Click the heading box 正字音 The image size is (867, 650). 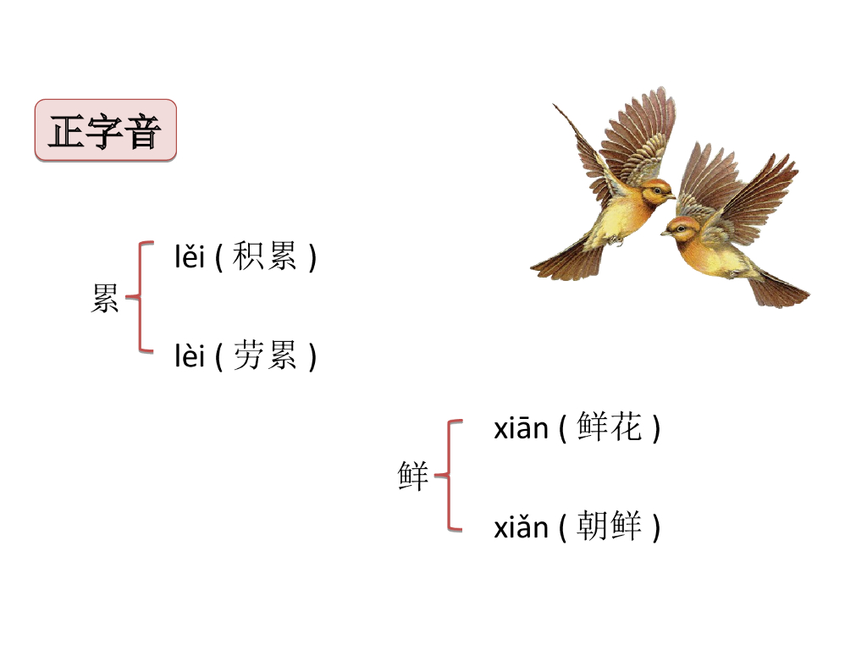106,130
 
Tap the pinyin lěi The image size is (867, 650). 190,257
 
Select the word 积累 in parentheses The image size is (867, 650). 265,257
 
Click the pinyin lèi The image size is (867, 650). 190,357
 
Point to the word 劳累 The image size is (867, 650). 265,357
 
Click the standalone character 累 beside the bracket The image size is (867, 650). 105,299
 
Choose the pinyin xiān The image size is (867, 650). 521,429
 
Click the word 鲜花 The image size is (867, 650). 610,428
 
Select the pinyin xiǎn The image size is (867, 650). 521,528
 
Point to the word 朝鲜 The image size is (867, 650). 610,527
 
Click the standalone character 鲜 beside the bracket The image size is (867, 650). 413,476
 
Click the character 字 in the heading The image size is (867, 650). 105,131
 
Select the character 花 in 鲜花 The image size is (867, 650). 626,428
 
